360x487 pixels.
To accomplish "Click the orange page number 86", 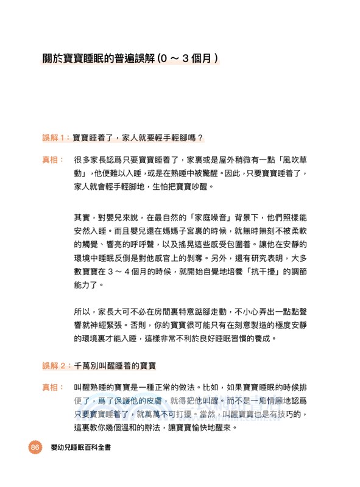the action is tap(34, 448).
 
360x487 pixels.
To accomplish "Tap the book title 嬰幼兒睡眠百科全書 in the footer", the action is tap(85, 449).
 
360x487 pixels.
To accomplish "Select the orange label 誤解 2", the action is tap(55, 366).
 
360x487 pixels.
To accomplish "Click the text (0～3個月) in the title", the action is tap(188, 60).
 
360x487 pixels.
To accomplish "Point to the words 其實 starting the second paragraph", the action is tap(81, 217).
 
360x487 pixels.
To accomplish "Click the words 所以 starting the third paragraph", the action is tap(81, 311).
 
